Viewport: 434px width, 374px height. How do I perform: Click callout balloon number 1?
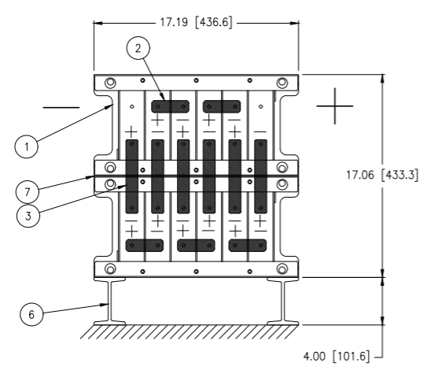26,146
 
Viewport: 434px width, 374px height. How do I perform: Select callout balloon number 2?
138,48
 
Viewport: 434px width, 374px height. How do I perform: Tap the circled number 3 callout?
28,216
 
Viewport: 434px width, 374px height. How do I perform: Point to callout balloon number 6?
31,314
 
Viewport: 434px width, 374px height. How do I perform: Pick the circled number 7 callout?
28,192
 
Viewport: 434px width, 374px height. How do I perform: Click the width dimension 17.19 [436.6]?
197,22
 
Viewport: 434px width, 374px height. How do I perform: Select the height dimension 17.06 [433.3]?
383,175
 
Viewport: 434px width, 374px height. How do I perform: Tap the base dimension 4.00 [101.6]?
337,356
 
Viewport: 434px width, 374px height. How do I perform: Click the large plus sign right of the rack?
335,106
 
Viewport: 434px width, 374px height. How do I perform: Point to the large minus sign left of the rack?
61,107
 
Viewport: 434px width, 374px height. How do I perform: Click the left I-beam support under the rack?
109,302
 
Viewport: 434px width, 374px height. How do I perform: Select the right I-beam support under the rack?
283,302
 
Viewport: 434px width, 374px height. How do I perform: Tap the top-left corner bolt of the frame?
110,83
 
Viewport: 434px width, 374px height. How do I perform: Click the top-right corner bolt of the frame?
282,83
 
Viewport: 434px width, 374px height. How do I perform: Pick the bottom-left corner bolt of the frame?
110,269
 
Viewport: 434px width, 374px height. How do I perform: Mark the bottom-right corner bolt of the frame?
282,269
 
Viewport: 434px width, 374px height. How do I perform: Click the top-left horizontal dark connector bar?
171,106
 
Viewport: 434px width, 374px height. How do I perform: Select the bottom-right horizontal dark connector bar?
248,246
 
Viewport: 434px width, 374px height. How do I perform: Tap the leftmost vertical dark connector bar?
132,176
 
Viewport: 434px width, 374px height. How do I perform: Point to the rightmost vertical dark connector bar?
260,176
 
